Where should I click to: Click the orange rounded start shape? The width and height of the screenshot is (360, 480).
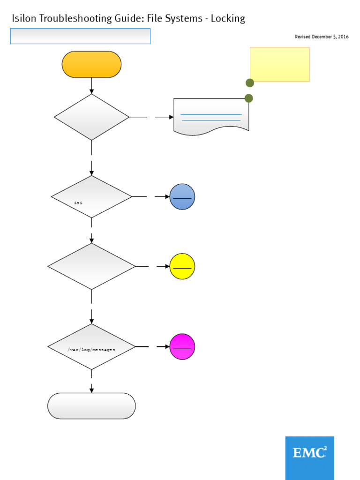point(91,64)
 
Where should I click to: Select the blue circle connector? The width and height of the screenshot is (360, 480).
point(182,197)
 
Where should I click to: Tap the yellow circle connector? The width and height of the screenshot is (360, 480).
point(182,266)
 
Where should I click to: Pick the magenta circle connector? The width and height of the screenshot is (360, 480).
point(182,347)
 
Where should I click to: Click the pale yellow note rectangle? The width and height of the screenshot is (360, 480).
point(279,64)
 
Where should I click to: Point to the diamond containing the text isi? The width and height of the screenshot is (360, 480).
point(91,197)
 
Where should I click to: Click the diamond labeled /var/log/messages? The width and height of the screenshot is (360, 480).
point(91,347)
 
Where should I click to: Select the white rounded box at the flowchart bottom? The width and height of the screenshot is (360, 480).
point(91,406)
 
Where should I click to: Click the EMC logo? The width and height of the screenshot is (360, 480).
point(309,453)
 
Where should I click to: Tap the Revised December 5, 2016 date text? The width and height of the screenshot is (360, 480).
point(322,37)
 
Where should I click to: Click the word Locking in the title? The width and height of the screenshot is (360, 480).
point(228,19)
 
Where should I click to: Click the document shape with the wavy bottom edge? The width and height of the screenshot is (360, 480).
point(211,116)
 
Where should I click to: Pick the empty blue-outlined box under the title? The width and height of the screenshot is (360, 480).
point(80,36)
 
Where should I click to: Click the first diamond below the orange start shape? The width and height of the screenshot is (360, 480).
point(91,117)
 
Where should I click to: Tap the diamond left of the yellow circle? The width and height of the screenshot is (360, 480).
point(91,266)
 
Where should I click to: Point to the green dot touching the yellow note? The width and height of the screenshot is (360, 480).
point(250,83)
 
